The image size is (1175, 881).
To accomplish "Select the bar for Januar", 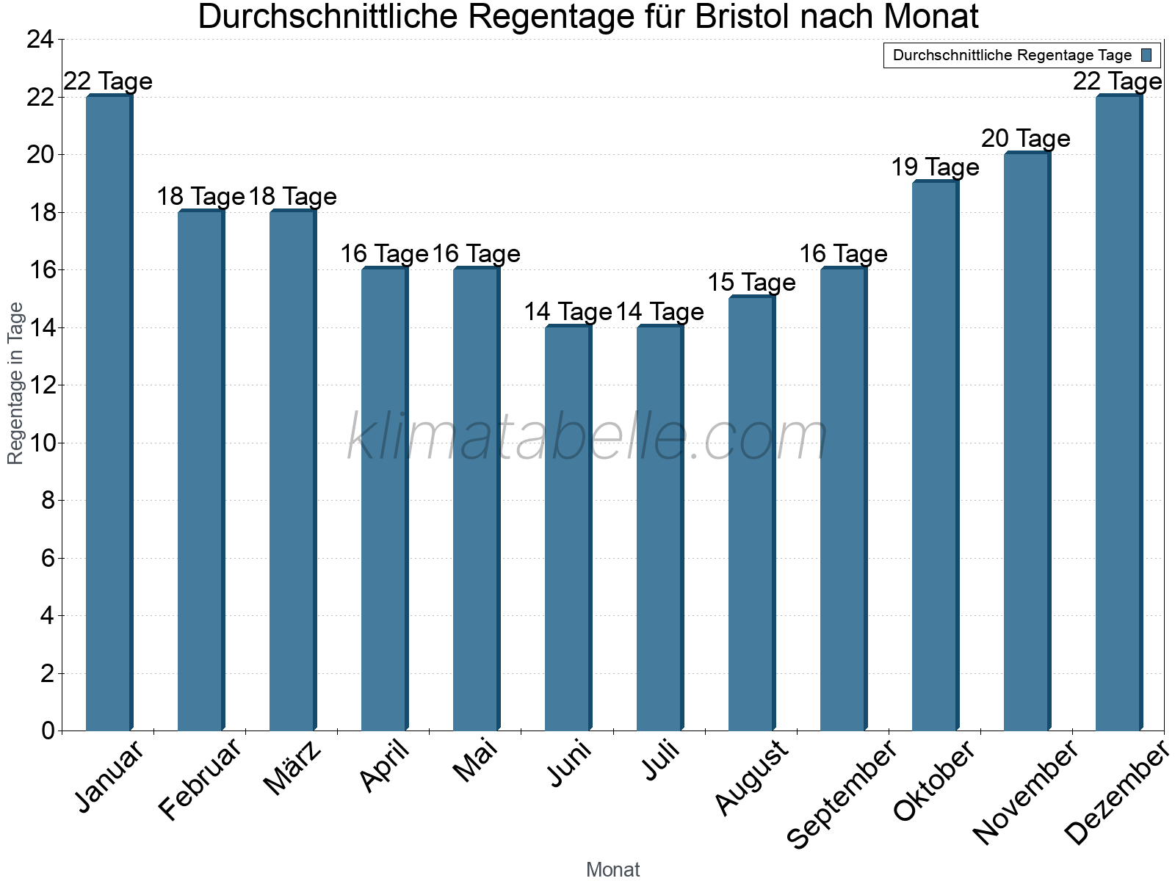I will tap(109, 413).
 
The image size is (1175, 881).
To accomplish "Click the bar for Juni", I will tap(568, 528).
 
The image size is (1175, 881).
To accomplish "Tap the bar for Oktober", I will tap(935, 456).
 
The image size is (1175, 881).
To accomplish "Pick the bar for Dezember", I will tap(1118, 413).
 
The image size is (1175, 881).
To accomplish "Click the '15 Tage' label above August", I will tap(751, 283).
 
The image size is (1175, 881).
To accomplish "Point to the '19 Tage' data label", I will tap(935, 167).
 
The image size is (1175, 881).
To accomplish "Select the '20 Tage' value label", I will tap(1026, 139).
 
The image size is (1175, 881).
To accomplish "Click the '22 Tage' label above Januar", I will tap(109, 81).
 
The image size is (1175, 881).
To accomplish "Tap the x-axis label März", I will tap(293, 768).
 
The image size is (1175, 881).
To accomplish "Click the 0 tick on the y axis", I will tap(48, 730).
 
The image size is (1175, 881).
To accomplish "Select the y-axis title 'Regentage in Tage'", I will tap(15, 383).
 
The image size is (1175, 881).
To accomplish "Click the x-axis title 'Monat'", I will tap(612, 869).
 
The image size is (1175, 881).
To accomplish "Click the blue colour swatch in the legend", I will tap(1146, 55).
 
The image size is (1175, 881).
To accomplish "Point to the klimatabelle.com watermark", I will tap(587, 438).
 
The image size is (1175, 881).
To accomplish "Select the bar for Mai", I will tap(476, 499).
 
